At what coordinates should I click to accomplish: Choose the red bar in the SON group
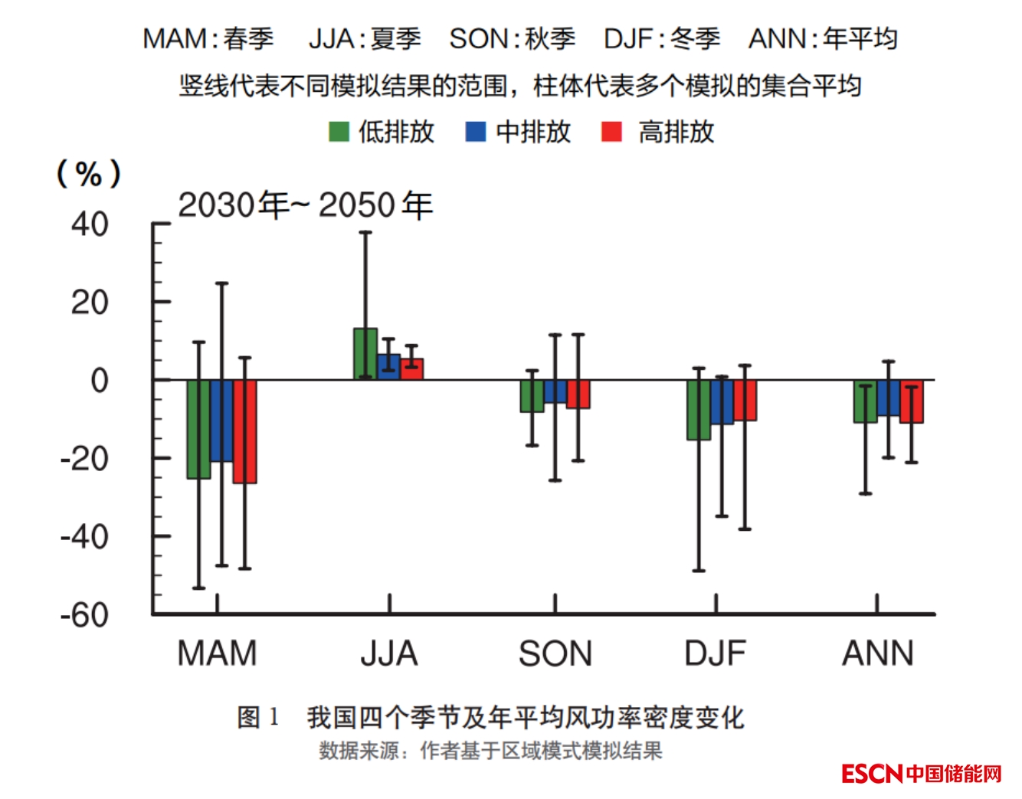point(578,394)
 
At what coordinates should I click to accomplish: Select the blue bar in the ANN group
point(889,398)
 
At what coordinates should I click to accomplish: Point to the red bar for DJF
point(745,400)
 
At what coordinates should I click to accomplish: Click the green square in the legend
point(339,132)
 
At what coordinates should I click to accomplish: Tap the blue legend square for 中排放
point(476,132)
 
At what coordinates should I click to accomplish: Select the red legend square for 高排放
point(611,132)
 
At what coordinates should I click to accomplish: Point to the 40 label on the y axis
point(90,224)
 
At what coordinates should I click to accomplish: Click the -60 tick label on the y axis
point(84,615)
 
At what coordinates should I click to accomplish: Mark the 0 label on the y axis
point(100,381)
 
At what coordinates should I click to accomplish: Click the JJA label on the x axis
point(389,654)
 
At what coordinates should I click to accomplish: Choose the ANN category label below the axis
point(878,654)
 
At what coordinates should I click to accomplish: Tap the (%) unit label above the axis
point(89,174)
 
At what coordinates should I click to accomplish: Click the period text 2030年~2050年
point(305,205)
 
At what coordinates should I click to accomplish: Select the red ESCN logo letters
point(872,774)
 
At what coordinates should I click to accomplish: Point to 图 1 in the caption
point(258,718)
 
